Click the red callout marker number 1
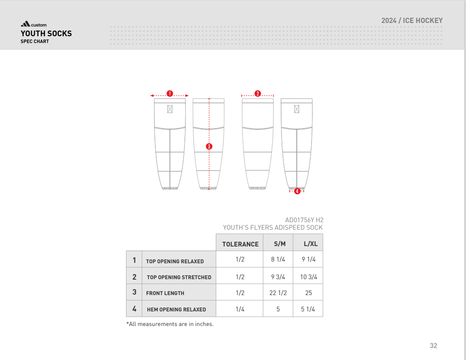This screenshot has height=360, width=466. pyautogui.click(x=169, y=93)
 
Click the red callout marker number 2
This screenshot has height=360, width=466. pyautogui.click(x=258, y=93)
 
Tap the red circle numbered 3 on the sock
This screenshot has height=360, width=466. pyautogui.click(x=209, y=146)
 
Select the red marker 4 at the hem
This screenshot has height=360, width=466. pyautogui.click(x=297, y=191)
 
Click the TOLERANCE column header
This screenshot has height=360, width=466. pyautogui.click(x=240, y=244)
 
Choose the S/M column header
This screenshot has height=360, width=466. pyautogui.click(x=280, y=244)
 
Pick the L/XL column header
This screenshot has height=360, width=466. pyautogui.click(x=310, y=244)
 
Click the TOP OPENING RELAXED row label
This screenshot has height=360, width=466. pyautogui.click(x=175, y=261)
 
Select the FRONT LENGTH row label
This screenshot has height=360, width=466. pyautogui.click(x=165, y=293)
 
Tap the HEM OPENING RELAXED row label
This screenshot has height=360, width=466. pyautogui.click(x=176, y=309)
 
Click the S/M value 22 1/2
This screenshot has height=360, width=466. pyautogui.click(x=278, y=293)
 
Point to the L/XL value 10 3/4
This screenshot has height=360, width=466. pyautogui.click(x=308, y=277)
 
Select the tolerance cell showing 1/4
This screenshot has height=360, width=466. pyautogui.click(x=240, y=309)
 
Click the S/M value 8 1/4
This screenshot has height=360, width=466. pyautogui.click(x=278, y=259)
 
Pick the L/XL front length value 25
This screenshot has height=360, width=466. pyautogui.click(x=308, y=293)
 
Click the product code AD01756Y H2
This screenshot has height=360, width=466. pyautogui.click(x=304, y=220)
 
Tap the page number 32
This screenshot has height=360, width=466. pyautogui.click(x=433, y=345)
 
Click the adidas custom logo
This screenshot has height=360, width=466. pyautogui.click(x=34, y=25)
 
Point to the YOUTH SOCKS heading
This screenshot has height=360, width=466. pyautogui.click(x=46, y=34)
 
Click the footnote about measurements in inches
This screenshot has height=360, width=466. pyautogui.click(x=170, y=324)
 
